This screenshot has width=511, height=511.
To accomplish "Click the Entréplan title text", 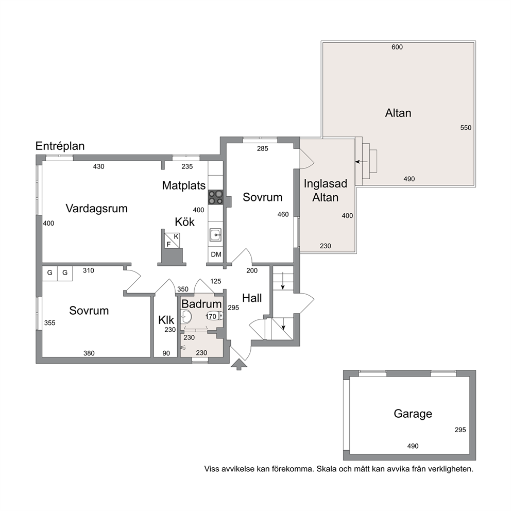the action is point(60,146).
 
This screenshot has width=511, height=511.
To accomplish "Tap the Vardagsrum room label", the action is point(96,208).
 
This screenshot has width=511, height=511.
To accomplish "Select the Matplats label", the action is point(184,185).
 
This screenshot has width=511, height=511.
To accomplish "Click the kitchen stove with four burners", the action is point(215,197).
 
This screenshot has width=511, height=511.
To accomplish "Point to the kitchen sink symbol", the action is point(215,235).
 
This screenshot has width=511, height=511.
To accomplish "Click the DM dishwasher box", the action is point(216,254).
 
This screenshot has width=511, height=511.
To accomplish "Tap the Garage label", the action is point(413,414).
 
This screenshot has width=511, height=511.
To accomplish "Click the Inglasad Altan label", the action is point(325,190).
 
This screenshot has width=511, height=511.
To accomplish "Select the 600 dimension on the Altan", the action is point(397,47).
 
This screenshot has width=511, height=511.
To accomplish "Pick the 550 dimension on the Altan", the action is point(466,128).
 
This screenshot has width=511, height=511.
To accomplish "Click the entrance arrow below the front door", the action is point(239,364).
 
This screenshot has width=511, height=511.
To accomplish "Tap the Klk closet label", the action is point(166,320).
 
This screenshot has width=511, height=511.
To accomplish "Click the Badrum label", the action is point(201,304).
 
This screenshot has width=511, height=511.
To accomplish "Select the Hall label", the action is point(252,298).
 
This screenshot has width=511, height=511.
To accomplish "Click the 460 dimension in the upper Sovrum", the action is point(283,214).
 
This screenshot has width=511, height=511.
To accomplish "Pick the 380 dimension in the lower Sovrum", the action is point(89,353).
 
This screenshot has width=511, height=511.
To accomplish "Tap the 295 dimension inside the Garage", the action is point(460,430).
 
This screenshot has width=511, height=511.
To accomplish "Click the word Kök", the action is point(184,222).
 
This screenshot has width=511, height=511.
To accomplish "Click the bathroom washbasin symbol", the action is point(186,316).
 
